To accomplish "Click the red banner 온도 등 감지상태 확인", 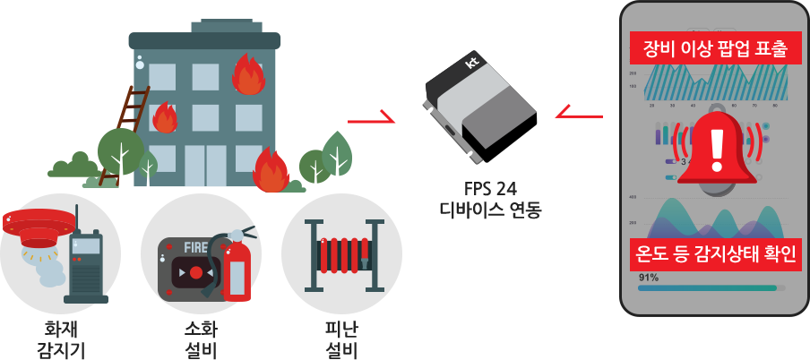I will click(715, 253).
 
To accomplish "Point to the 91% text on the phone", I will click(649, 277).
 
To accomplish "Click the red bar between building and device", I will click(370, 116).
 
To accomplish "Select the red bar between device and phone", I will click(578, 110).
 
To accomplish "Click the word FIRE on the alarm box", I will click(185, 244).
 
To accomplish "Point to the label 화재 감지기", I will click(61, 339).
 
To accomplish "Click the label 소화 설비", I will click(200, 339).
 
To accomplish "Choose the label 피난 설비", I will click(340, 339).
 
